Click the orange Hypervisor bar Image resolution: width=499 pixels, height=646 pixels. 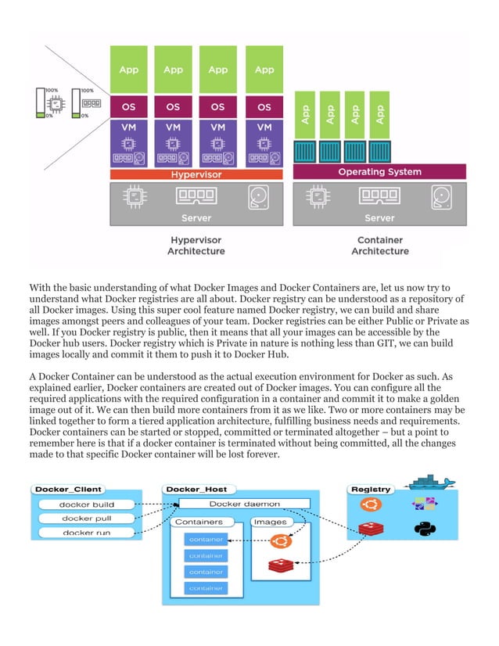(x=196, y=175)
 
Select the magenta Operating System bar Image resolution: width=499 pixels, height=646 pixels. (x=379, y=171)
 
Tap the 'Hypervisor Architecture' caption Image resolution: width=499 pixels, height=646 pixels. (x=196, y=246)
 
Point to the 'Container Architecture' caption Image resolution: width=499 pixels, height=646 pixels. (x=379, y=246)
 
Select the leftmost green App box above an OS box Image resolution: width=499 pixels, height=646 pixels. (x=128, y=70)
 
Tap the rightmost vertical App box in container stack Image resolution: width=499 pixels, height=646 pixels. (x=379, y=114)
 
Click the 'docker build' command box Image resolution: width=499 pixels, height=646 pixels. (x=87, y=504)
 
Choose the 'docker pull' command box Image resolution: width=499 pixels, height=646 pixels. (x=87, y=519)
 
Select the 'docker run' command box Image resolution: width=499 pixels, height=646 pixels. (x=87, y=533)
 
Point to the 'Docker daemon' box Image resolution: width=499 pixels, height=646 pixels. (x=244, y=504)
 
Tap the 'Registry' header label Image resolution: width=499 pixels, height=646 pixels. (x=372, y=490)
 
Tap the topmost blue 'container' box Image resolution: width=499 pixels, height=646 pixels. (x=206, y=540)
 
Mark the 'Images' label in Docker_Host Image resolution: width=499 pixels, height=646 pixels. (x=270, y=522)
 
